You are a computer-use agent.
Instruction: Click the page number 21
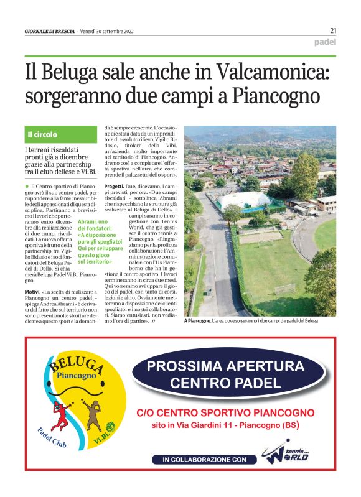point(333,30)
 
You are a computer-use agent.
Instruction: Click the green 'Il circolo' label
point(42,134)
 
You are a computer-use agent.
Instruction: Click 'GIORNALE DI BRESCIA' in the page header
point(50,31)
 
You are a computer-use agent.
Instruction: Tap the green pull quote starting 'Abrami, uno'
point(91,245)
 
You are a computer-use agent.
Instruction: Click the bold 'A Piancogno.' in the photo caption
point(197,321)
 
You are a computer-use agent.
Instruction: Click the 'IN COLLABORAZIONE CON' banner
point(204,460)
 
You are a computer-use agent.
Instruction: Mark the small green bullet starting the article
point(27,187)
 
